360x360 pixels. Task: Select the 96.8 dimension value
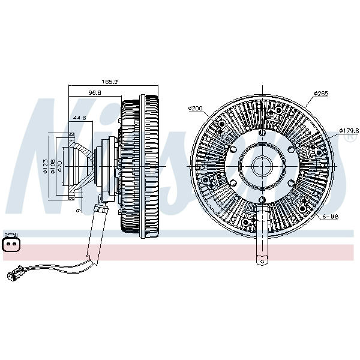(x=95, y=93)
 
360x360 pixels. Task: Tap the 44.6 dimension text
(x=79, y=118)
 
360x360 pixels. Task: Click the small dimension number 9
(x=78, y=211)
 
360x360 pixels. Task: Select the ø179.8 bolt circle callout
(x=348, y=130)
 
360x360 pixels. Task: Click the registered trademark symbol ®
(x=347, y=138)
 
